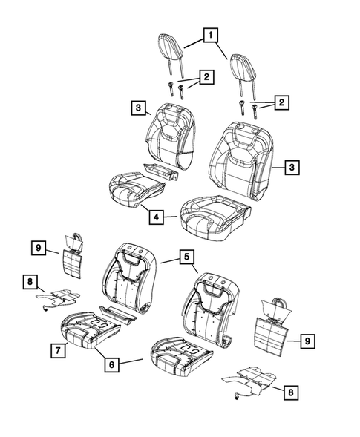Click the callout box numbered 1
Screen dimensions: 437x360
point(211,35)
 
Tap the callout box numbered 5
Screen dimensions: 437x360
point(186,257)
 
